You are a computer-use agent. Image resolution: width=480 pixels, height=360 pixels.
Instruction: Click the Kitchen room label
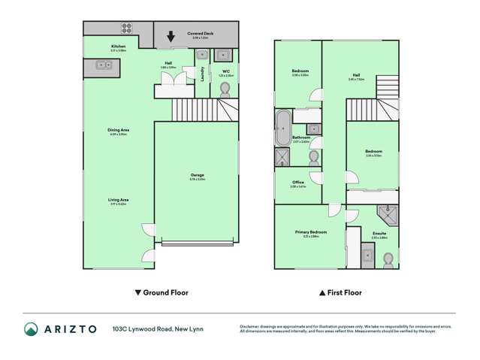click(118, 47)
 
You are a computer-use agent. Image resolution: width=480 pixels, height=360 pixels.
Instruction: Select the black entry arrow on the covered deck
click(171, 36)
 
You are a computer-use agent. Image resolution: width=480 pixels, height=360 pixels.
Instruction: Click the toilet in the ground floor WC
click(224, 88)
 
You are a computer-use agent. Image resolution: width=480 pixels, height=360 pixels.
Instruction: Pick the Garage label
click(197, 175)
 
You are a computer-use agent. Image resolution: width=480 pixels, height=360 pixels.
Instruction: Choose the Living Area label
click(118, 199)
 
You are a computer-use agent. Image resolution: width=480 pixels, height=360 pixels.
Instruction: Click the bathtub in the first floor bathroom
click(283, 126)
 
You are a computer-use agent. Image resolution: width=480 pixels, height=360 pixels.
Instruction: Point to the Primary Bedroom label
click(309, 233)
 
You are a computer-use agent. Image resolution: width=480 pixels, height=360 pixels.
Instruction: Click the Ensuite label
click(379, 234)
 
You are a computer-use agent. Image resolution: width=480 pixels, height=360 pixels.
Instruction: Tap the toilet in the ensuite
click(388, 259)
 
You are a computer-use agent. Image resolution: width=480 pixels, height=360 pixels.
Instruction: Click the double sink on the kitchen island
click(104, 66)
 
